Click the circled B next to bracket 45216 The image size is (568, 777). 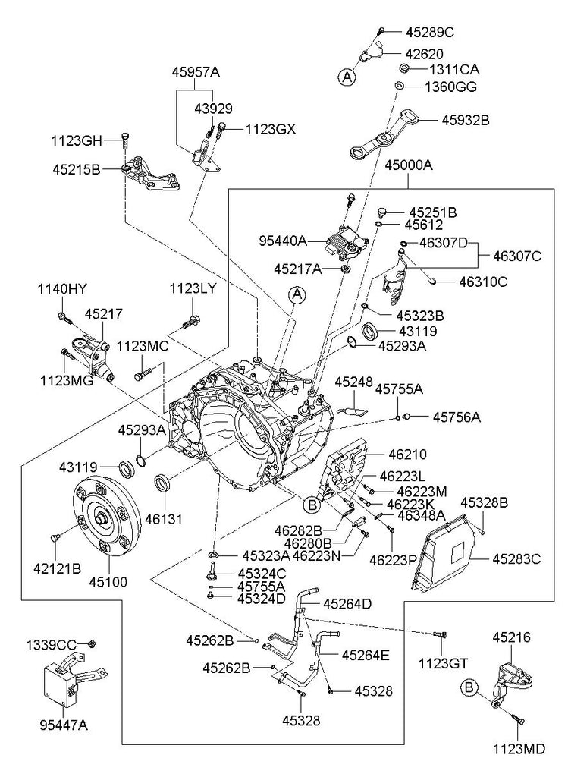pos(469,687)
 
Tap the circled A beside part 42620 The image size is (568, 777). pos(347,76)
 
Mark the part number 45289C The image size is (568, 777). pos(429,33)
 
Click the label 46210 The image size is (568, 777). pos(408,455)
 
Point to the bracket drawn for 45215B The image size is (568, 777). pos(152,176)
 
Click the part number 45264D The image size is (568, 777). pos(347,604)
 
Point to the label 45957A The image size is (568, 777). pos(195,72)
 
